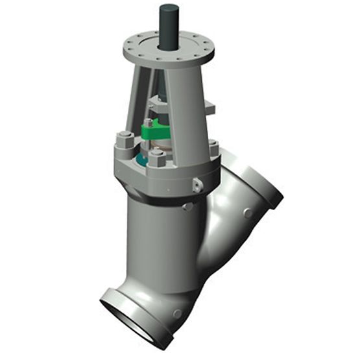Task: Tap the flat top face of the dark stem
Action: pyautogui.click(x=170, y=8)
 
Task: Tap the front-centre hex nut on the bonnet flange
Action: pyautogui.click(x=158, y=158)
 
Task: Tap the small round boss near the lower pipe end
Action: pyautogui.click(x=177, y=315)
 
